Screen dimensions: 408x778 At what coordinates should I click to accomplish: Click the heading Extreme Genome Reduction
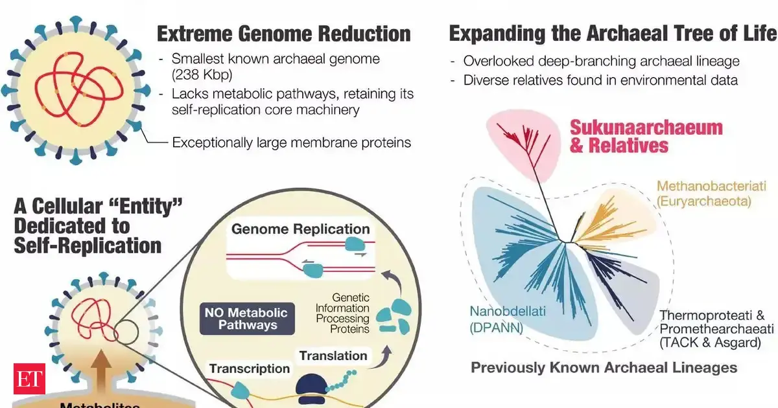284,34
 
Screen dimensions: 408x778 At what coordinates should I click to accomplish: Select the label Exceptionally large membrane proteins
291,142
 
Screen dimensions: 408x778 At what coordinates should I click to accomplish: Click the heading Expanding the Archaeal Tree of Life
612,34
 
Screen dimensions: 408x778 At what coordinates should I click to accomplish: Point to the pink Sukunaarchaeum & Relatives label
646,136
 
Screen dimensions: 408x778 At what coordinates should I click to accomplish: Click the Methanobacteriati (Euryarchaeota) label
703,194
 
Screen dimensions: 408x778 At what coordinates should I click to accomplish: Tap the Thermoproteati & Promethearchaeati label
716,329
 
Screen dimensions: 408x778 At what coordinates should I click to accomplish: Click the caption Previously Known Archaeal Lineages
604,368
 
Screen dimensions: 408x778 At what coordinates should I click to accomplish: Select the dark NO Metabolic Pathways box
248,319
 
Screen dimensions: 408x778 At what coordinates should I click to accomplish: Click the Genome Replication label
300,229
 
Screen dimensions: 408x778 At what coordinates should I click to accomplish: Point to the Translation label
333,356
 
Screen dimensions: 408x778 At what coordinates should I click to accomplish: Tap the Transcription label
249,368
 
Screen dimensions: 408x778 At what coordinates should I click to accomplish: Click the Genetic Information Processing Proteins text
343,309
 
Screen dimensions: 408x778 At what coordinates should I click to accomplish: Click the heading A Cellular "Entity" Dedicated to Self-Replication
97,226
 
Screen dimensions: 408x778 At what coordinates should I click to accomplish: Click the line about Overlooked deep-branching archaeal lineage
601,62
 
